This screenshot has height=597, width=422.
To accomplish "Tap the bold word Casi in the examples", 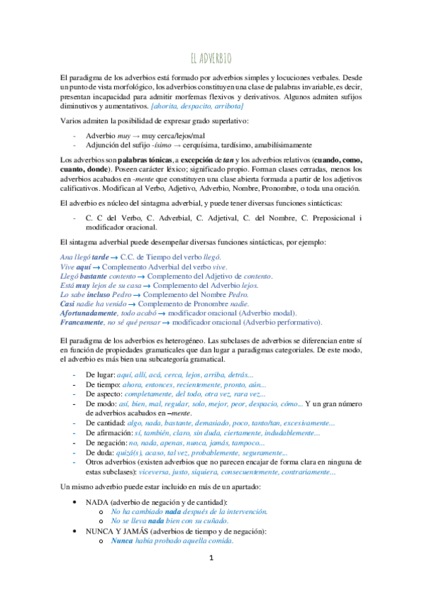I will point(68,301).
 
